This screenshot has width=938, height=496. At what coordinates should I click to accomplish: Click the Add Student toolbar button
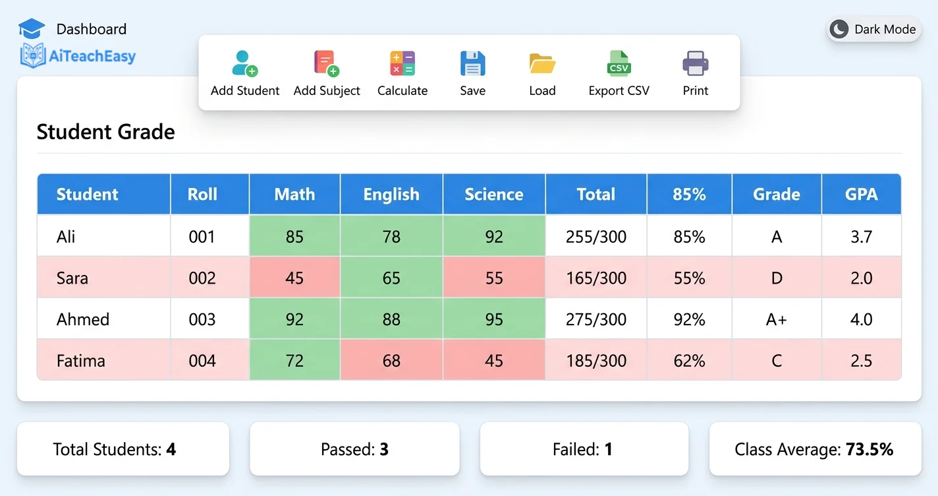245,74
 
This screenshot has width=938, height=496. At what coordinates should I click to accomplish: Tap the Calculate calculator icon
402,63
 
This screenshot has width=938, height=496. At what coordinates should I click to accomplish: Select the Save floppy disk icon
472,63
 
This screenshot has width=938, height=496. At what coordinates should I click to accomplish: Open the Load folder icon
542,63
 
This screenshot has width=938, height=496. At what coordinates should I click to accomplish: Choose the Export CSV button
619,74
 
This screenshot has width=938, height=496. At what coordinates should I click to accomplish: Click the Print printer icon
695,63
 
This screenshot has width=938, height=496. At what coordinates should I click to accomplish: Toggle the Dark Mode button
873,29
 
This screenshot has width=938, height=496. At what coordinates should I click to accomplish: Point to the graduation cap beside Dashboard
32,28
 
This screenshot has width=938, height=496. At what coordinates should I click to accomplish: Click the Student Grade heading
106,132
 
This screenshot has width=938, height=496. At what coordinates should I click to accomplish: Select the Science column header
494,195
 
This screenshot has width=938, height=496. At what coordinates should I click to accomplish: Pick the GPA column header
861,195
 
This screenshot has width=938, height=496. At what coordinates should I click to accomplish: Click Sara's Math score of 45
294,278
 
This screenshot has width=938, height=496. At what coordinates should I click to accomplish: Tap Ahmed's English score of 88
391,319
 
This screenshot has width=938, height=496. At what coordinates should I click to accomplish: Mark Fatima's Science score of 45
494,361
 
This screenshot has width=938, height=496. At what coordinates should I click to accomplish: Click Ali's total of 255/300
596,236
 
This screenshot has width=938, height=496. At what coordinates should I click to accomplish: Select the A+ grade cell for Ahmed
777,319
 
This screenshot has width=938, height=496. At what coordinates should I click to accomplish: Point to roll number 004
202,361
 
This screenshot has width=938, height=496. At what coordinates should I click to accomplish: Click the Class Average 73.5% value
869,450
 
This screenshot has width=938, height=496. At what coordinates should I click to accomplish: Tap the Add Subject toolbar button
327,74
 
